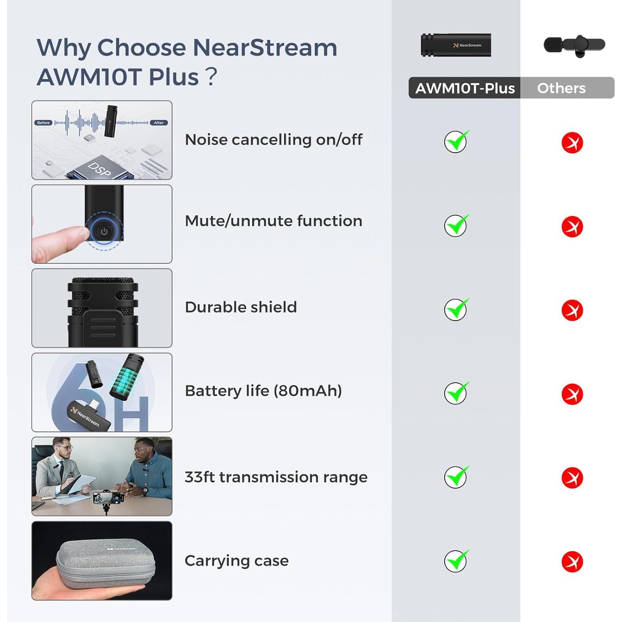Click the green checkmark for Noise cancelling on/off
pos(456,142)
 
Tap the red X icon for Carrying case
pos(572,562)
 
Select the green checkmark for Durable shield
pos(456,309)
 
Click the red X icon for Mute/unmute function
pos(572,227)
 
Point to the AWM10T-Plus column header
pos(465,88)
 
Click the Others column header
pos(561,88)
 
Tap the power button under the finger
pos(104,231)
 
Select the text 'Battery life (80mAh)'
pos(263,391)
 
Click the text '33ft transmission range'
pos(276,477)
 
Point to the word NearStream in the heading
pos(265,47)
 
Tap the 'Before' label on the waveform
pos(43,123)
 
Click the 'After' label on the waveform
pos(159,123)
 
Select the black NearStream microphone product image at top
pos(456,45)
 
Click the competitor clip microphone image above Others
pos(574,45)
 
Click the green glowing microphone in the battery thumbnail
pos(126,377)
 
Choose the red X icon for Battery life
pos(572,394)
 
